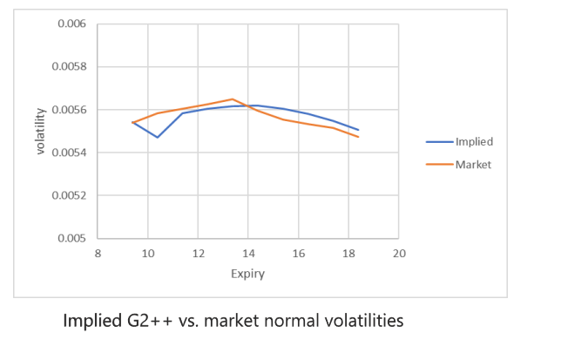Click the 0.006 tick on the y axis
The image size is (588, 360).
(x=71, y=24)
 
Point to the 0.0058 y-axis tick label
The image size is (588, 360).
(x=71, y=67)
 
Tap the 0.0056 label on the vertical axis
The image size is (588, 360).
(x=71, y=110)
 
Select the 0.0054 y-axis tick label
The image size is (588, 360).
(x=71, y=153)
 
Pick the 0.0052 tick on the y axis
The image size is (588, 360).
(x=71, y=195)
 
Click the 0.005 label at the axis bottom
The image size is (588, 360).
(x=74, y=238)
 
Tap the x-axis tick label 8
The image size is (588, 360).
(x=98, y=254)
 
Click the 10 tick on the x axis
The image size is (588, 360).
(x=147, y=254)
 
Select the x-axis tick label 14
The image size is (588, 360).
(x=248, y=254)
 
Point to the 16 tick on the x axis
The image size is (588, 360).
(x=299, y=254)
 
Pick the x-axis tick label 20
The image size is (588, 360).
(x=399, y=254)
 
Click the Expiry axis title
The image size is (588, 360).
(x=247, y=274)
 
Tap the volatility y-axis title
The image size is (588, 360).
(x=39, y=131)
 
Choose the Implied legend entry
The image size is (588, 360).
(x=474, y=141)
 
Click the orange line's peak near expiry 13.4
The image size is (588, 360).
(x=232, y=99)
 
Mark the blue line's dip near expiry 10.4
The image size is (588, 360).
(x=158, y=137)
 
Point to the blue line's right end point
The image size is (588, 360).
(x=358, y=130)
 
